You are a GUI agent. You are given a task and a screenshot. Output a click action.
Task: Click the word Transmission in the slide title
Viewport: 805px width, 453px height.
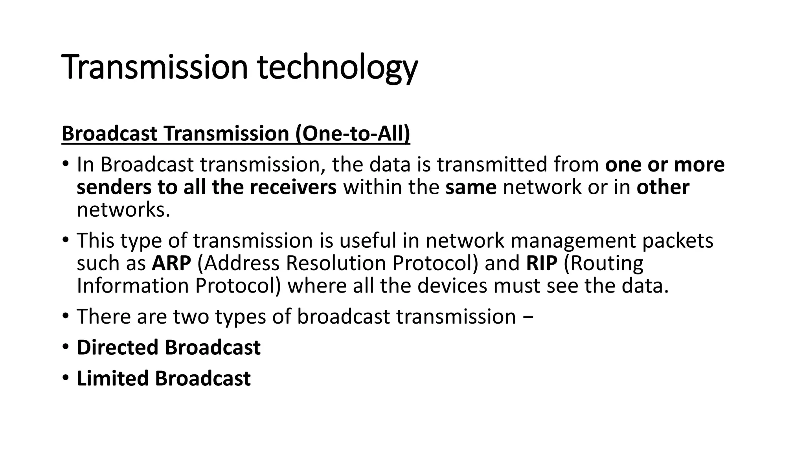pos(155,67)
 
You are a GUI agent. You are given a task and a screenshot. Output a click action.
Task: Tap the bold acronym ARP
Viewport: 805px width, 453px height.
pos(171,263)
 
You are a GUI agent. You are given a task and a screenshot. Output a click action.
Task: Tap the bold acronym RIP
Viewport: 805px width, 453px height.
pos(542,263)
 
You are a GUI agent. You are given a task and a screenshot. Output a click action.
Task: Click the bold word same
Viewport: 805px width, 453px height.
pos(471,187)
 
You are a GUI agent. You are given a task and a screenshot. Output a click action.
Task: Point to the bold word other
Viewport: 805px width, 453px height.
pos(663,187)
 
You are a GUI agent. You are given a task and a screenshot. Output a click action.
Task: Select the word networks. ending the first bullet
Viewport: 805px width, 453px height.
pos(123,210)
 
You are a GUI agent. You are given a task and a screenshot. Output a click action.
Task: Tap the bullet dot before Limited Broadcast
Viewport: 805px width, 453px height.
pos(65,378)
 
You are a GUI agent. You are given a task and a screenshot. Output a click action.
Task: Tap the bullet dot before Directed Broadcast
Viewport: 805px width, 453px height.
pos(65,348)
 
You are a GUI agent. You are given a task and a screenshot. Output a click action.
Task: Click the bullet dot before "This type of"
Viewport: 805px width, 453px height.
pos(65,240)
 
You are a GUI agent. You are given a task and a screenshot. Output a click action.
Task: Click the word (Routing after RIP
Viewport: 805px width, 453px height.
pos(603,263)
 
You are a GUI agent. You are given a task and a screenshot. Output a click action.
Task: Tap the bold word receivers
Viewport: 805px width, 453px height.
pos(293,187)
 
